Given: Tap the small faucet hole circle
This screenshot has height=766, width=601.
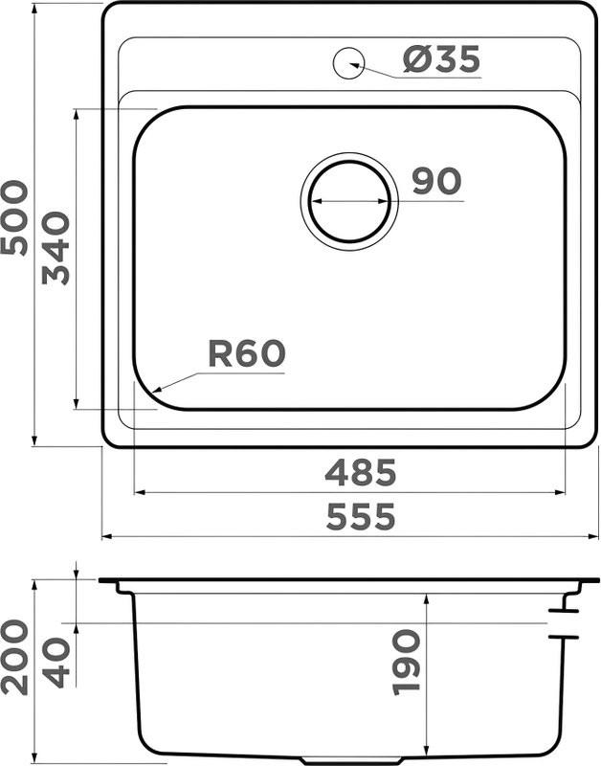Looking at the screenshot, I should [347, 62].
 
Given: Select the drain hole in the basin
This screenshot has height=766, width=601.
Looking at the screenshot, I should [349, 201].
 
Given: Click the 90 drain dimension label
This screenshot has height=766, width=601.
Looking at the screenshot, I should [436, 181].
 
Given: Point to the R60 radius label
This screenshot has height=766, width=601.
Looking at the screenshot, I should [247, 355].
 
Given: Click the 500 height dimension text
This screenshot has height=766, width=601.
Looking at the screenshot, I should [15, 218].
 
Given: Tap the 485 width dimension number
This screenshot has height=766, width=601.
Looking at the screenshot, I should [360, 472].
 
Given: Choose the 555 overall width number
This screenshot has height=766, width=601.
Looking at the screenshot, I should [360, 518].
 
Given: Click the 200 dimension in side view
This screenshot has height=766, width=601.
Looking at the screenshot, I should [15, 656].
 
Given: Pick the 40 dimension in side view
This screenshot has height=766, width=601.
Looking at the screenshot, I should [56, 661].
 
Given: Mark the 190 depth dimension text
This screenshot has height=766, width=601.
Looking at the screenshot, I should [407, 661].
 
